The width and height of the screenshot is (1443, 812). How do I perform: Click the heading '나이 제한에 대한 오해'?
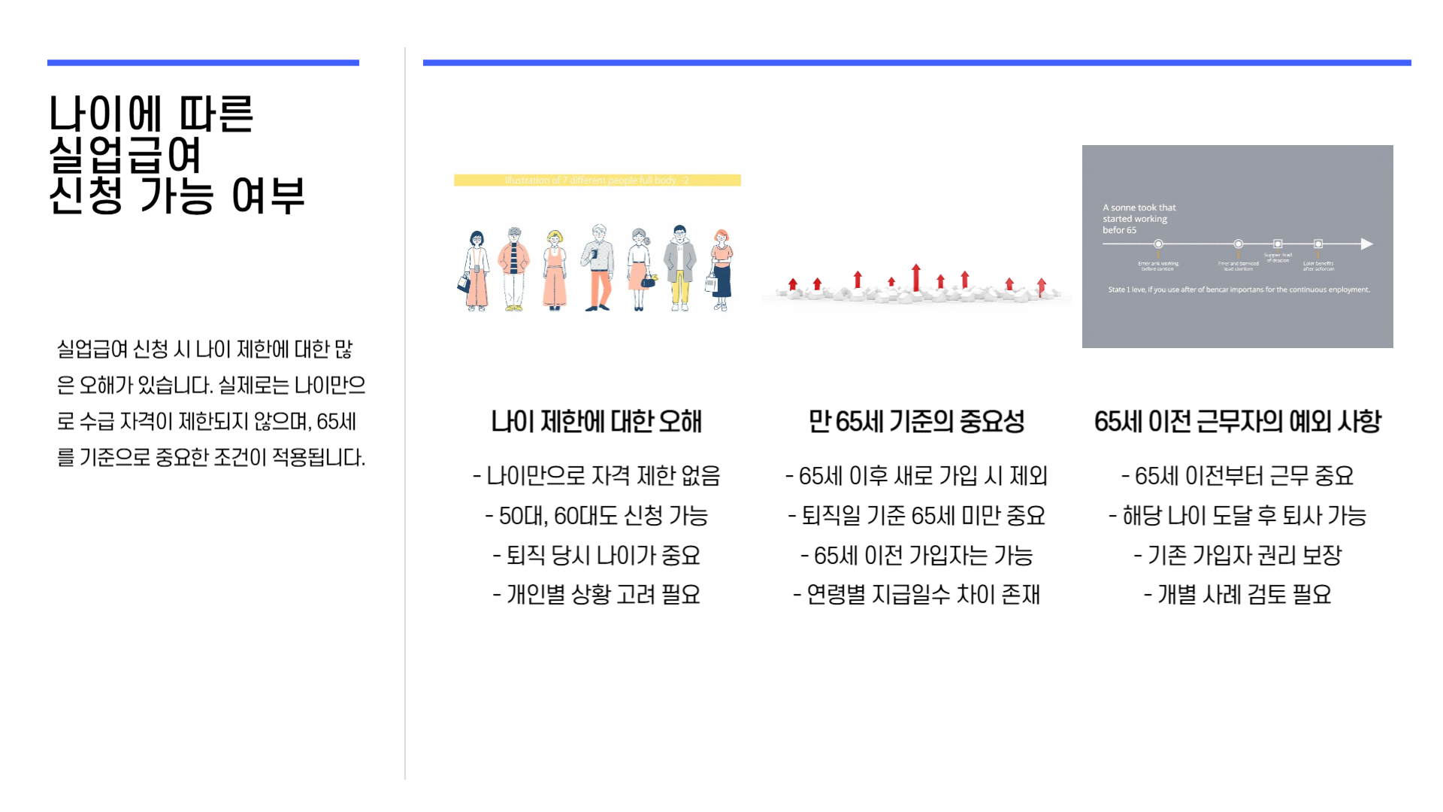[596, 422]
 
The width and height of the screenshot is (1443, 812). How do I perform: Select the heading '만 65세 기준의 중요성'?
[916, 422]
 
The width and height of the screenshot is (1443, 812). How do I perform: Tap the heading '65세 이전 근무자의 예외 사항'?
[1237, 422]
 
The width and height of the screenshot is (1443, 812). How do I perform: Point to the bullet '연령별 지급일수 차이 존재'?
[916, 595]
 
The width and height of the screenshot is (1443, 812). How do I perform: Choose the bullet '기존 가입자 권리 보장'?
[1237, 556]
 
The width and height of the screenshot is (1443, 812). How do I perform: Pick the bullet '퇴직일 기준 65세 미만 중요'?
[916, 516]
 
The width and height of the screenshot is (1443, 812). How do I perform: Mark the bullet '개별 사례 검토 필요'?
[1237, 595]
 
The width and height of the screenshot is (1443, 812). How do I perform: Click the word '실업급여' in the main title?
[125, 156]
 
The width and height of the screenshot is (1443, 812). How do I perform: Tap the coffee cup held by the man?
[594, 254]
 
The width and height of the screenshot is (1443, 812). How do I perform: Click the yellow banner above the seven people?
[597, 180]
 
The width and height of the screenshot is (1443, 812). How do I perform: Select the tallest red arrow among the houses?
[915, 277]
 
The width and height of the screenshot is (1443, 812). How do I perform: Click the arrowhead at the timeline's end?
[1366, 244]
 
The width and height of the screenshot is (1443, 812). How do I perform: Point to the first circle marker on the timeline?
[1158, 244]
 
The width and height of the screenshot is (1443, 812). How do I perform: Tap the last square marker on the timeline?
[1317, 244]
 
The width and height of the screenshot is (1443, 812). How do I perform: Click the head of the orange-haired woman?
[721, 238]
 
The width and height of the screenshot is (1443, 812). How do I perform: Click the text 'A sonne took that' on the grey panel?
[1139, 208]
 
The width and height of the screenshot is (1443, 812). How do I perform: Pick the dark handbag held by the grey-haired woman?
[648, 282]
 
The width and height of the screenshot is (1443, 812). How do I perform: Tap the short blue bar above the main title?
[203, 62]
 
